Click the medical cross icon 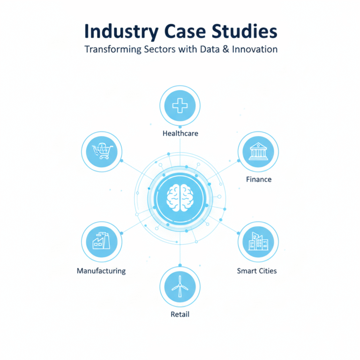(x=180, y=106)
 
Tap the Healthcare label (x=180, y=134)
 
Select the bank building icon (x=258, y=151)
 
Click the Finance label (x=258, y=179)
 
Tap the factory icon (x=102, y=242)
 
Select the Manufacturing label (x=101, y=271)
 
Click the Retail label (x=180, y=314)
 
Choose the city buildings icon (x=258, y=242)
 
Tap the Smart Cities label (x=257, y=271)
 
